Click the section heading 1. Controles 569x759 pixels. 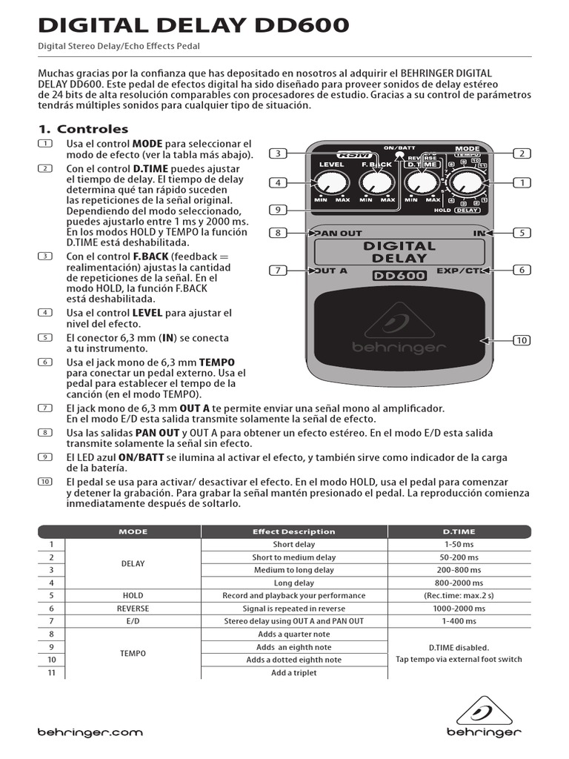pos(83,129)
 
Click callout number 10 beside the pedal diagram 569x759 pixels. pos(522,340)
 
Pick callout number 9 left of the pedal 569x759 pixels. pos(277,210)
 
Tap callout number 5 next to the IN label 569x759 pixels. pos(522,233)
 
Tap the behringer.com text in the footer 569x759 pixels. pos(90,732)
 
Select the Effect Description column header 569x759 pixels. pos(293,531)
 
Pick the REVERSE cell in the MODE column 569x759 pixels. pos(133,609)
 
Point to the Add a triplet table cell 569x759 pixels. pos(293,672)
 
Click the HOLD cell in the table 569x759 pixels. pos(133,595)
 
